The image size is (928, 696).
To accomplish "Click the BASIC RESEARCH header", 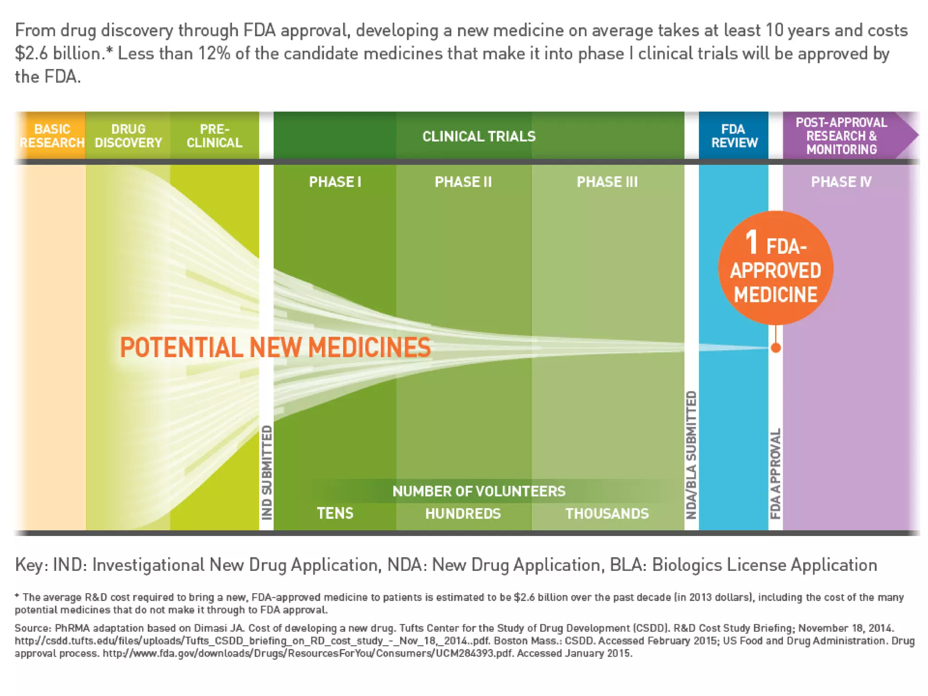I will pyautogui.click(x=52, y=136).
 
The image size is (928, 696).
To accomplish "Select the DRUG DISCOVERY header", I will pyautogui.click(x=128, y=136).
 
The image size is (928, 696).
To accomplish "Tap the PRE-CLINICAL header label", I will pyautogui.click(x=214, y=136).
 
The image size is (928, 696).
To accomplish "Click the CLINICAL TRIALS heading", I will pyautogui.click(x=479, y=136).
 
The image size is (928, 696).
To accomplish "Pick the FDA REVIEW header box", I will pyautogui.click(x=734, y=136).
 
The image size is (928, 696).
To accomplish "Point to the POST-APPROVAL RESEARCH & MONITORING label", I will pyautogui.click(x=841, y=136).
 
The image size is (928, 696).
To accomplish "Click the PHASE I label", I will pyautogui.click(x=335, y=182).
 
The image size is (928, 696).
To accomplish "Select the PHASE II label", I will pyautogui.click(x=463, y=182).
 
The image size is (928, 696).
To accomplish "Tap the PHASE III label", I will pyautogui.click(x=607, y=182).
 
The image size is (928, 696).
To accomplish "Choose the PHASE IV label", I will pyautogui.click(x=841, y=182).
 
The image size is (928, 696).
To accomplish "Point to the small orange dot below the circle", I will pyautogui.click(x=776, y=348).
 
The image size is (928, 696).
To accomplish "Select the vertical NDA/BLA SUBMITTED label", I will pyautogui.click(x=691, y=455).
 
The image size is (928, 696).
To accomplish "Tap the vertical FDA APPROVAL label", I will pyautogui.click(x=776, y=474).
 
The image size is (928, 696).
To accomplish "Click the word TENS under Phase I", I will pyautogui.click(x=335, y=513).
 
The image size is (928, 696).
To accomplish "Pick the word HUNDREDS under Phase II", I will pyautogui.click(x=463, y=513).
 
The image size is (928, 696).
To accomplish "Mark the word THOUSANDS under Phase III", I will pyautogui.click(x=607, y=513).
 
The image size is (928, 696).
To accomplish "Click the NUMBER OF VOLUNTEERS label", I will pyautogui.click(x=479, y=491).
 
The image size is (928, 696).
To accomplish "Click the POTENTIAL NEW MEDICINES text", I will pyautogui.click(x=275, y=348).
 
